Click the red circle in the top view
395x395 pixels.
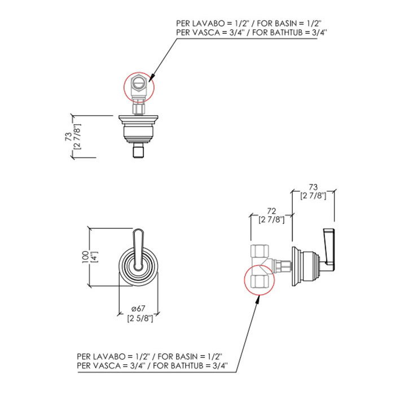[x=138, y=87]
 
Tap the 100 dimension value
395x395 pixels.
[x=85, y=256]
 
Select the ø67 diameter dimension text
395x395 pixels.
[x=138, y=308]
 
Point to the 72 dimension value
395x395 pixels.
[x=271, y=210]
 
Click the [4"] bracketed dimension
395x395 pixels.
[x=94, y=256]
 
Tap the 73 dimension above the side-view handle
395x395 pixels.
[x=314, y=187]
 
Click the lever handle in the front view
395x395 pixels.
[x=138, y=243]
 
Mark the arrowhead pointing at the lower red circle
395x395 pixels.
[x=258, y=296]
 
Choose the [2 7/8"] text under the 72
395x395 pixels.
[x=271, y=219]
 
